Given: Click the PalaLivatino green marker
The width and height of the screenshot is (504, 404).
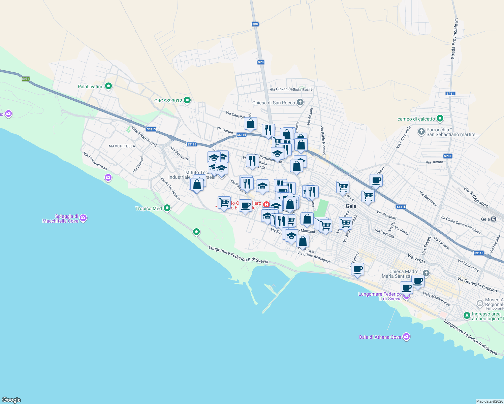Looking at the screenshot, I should (108, 87).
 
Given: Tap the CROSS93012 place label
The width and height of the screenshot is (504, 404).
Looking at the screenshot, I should (168, 101).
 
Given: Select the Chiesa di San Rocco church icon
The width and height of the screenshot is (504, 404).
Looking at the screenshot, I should (300, 102).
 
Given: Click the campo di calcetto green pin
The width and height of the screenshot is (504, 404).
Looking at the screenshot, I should (440, 119).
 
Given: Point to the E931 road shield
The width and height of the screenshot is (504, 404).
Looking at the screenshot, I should (25, 79).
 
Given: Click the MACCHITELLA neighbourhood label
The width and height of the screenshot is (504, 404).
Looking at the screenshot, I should (122, 146).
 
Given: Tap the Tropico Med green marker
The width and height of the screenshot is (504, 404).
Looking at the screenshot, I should (167, 208).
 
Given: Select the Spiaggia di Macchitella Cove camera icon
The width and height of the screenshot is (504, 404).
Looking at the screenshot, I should (84, 218).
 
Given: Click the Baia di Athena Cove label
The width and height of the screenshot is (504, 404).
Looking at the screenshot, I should (380, 337).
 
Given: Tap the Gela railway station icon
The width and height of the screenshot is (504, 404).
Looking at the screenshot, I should (494, 219).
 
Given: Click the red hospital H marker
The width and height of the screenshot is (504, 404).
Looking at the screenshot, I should (266, 204).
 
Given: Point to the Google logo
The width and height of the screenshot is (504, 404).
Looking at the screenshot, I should (11, 400).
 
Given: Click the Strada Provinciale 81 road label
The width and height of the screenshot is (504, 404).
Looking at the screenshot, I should (454, 39).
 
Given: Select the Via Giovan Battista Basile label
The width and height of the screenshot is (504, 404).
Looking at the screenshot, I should (291, 89).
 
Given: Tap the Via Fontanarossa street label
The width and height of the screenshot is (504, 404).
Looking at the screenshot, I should (95, 161).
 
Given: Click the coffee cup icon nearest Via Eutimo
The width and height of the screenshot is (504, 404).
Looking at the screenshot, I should (358, 269).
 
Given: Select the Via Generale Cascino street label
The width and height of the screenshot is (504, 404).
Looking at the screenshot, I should (477, 284).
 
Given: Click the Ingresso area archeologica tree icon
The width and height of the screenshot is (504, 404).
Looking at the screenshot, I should (467, 316).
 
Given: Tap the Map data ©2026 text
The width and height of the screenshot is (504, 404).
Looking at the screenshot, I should (489, 401).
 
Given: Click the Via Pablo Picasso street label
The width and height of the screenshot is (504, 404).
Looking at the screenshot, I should (323, 140).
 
